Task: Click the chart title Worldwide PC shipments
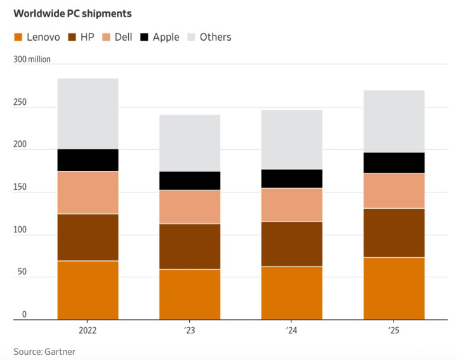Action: click(x=73, y=13)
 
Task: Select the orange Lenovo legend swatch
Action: click(x=18, y=37)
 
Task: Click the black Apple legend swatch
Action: click(x=145, y=37)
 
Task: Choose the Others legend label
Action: click(x=215, y=37)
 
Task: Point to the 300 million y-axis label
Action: click(x=32, y=60)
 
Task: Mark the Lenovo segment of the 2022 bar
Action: click(x=88, y=290)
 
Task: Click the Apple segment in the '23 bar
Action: click(x=190, y=181)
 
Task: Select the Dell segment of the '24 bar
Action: click(x=292, y=204)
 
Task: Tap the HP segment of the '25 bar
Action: click(x=394, y=232)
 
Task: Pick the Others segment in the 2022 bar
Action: click(x=88, y=114)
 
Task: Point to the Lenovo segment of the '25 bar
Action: click(x=394, y=288)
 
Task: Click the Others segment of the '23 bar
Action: click(x=190, y=143)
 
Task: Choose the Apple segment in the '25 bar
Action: click(x=394, y=163)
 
